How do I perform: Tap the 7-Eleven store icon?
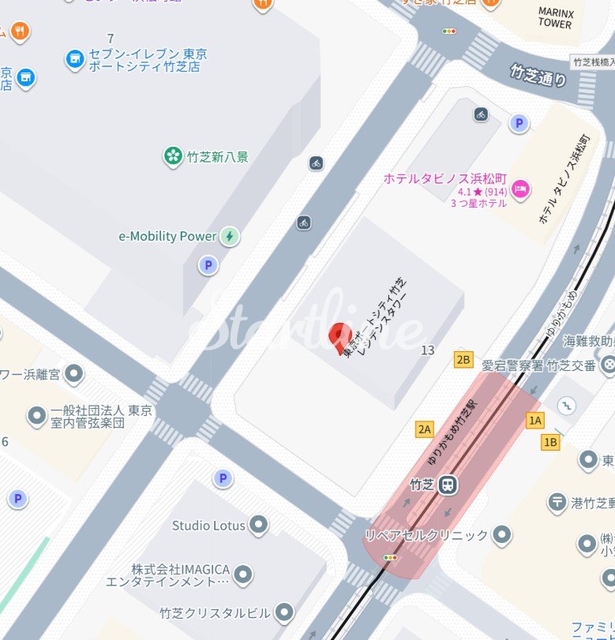click(75, 58)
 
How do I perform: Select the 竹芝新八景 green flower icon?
click(172, 156)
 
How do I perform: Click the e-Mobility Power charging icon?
click(229, 236)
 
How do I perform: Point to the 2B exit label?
click(463, 361)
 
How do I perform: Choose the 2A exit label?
click(425, 429)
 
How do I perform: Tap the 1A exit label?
click(536, 420)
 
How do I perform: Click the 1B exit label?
click(550, 443)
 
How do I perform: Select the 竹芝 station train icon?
click(448, 484)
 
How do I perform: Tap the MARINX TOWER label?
click(555, 18)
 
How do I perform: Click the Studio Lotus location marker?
click(258, 524)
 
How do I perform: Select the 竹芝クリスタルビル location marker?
click(284, 612)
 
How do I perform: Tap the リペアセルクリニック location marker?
click(501, 536)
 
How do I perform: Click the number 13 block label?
click(428, 350)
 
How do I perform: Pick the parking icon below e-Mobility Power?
click(208, 265)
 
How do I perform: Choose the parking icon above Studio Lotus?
click(223, 478)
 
